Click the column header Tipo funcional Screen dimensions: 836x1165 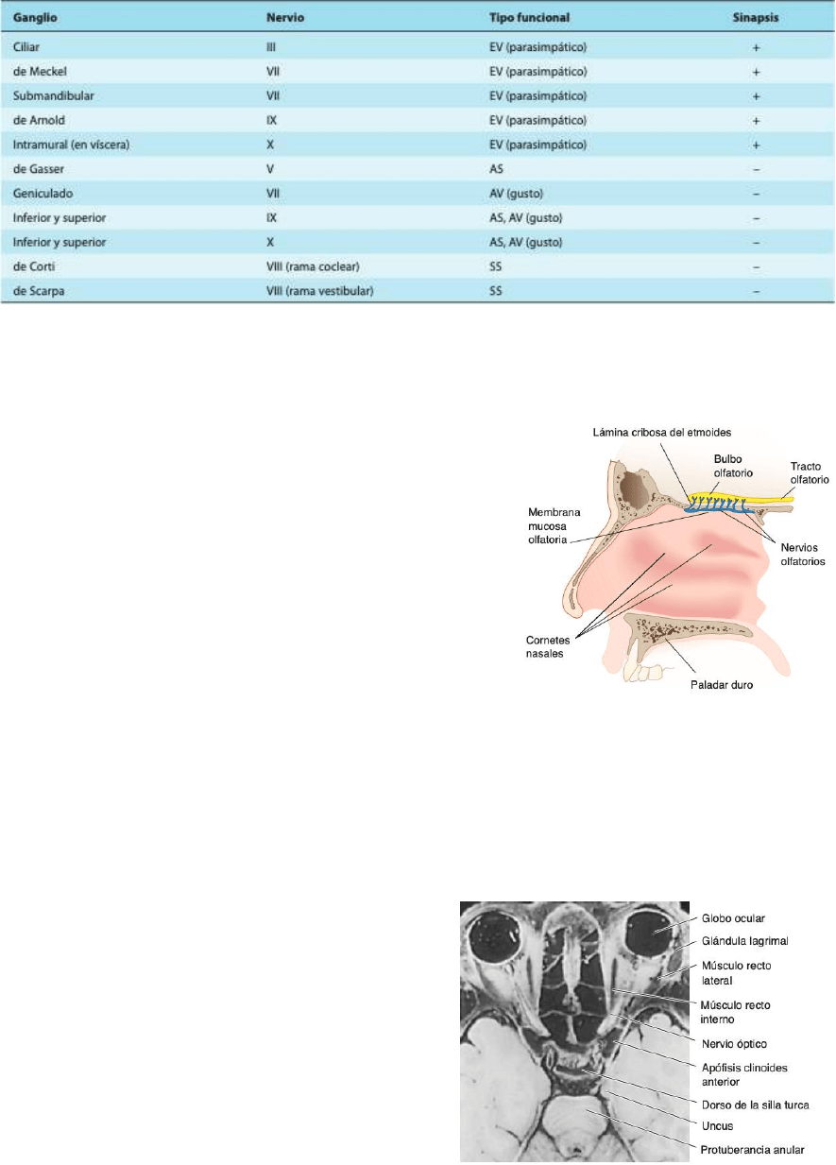(529, 18)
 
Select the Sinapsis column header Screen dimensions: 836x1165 (756, 18)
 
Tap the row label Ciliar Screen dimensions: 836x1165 (26, 47)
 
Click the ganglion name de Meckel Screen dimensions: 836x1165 (40, 71)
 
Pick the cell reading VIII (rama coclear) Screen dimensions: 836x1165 (313, 266)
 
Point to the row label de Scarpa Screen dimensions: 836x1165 (39, 291)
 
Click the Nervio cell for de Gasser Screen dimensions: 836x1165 (270, 169)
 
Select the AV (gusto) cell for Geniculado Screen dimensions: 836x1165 (516, 194)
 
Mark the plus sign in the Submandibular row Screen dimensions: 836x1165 (756, 96)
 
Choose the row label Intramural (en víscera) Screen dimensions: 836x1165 (71, 145)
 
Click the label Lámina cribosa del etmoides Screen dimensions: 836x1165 (662, 432)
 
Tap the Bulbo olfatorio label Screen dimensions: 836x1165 (733, 466)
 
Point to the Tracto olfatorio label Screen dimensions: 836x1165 (810, 472)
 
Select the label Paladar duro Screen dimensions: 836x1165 (722, 685)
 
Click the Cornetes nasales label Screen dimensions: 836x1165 (548, 646)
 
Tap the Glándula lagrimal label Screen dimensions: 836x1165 (744, 941)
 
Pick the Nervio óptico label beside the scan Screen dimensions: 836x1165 (734, 1044)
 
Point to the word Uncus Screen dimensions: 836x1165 (718, 1126)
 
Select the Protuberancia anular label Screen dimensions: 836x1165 (752, 1149)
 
